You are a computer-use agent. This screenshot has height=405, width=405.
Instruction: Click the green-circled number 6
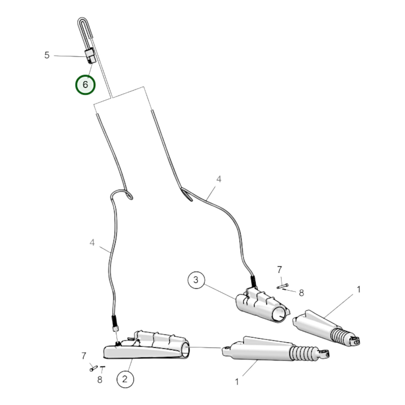pyautogui.click(x=85, y=85)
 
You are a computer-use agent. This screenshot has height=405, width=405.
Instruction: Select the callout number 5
pyautogui.click(x=47, y=55)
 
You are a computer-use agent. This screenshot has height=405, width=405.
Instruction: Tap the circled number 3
pyautogui.click(x=196, y=280)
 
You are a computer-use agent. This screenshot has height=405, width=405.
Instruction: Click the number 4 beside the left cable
pyautogui.click(x=92, y=243)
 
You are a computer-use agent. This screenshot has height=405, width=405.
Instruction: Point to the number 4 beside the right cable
pyautogui.click(x=219, y=179)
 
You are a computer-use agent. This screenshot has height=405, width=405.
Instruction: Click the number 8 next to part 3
pyautogui.click(x=301, y=293)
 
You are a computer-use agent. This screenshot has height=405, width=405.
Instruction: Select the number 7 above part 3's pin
pyautogui.click(x=279, y=270)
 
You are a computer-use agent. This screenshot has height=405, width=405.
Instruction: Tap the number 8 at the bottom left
pyautogui.click(x=100, y=379)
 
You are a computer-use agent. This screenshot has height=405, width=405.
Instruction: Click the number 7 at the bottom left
pyautogui.click(x=84, y=356)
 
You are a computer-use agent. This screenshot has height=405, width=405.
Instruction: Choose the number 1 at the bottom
pyautogui.click(x=237, y=382)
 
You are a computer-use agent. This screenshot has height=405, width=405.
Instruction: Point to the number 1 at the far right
pyautogui.click(x=359, y=290)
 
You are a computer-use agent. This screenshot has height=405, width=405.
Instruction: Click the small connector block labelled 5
pyautogui.click(x=90, y=56)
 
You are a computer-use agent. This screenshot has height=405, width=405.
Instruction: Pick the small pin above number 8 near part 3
pyautogui.click(x=283, y=286)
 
